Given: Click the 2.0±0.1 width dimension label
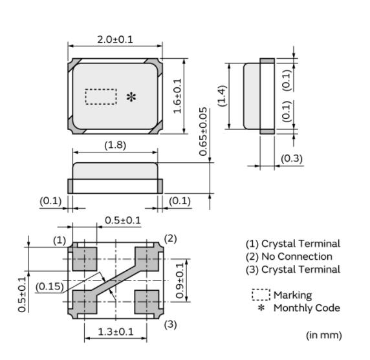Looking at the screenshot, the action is coord(115,39).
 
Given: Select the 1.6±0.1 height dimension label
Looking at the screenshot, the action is coord(177,96).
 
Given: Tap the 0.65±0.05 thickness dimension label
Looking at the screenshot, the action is coord(203,132).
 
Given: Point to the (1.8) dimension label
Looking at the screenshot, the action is coord(115,145).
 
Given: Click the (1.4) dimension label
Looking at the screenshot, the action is coord(222,96).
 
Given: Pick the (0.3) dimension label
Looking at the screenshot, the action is coord(292,158).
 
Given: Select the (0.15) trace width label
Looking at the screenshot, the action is coord(50,287).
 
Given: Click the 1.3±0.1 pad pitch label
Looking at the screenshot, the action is coord(116,332).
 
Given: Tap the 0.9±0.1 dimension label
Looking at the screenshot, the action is coord(180,281).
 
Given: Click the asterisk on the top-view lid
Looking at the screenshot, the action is coord(131,97).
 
